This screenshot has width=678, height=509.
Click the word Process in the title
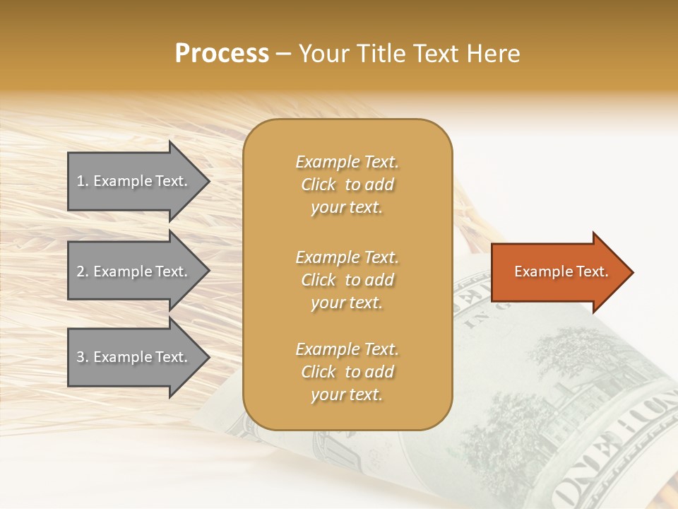pos(222,54)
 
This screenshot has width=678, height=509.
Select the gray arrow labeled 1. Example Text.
pos(134,181)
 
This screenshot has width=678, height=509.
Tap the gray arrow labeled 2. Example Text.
pos(134,271)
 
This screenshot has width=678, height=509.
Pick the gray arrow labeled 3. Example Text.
pos(134,357)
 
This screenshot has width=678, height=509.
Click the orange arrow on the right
pos(558,272)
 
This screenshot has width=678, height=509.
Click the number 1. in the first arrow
pos(82,181)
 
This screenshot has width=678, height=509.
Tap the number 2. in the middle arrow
pos(82,271)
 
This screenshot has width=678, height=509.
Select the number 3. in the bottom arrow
pos(82,357)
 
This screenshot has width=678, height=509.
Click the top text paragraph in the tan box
pos(347,185)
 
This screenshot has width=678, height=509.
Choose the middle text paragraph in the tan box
pos(347,280)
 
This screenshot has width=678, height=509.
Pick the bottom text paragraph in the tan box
pos(347,372)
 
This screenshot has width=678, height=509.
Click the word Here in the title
pos(494,54)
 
